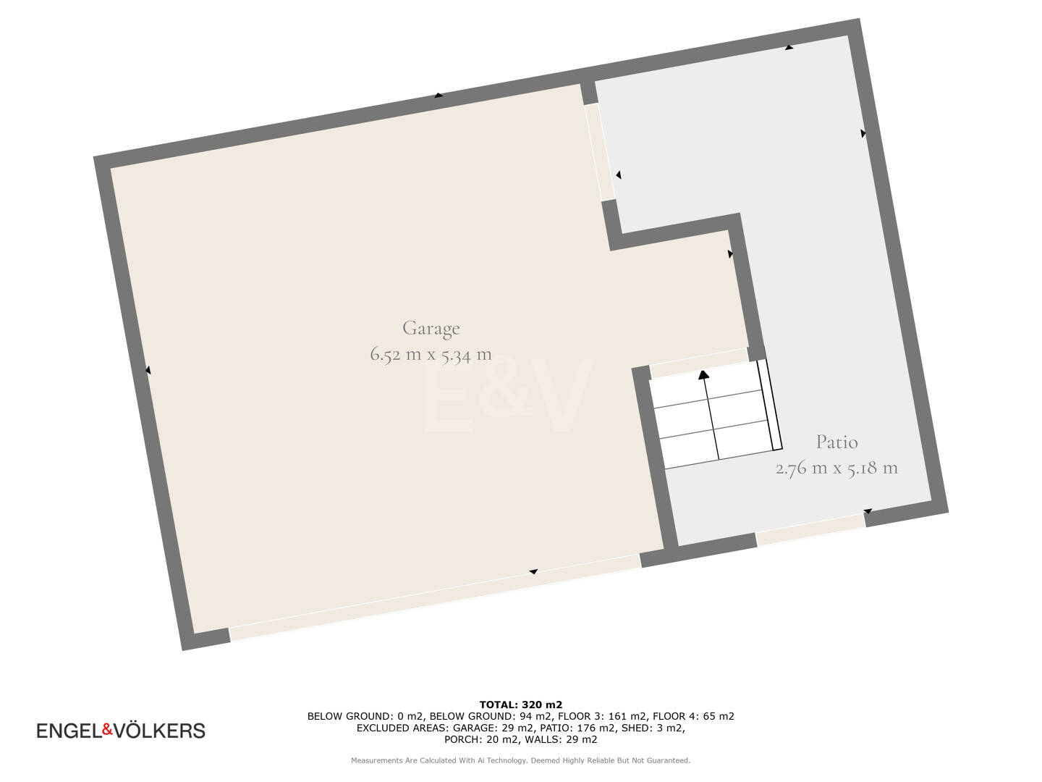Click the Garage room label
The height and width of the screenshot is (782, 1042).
431,329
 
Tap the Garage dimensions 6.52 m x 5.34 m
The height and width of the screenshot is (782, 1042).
431,355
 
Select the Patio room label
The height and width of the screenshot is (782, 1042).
836,442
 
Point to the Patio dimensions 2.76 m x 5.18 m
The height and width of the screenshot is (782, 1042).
836,468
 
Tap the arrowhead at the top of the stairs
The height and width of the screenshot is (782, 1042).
703,375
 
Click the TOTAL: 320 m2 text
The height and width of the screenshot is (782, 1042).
521,705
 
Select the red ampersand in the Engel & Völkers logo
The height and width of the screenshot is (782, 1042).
107,729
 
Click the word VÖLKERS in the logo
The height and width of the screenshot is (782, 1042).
159,731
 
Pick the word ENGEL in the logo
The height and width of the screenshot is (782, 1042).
69,731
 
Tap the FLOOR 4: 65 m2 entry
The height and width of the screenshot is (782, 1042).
693,717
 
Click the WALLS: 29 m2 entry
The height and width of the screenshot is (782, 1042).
561,739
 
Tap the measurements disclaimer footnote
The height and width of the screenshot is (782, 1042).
521,760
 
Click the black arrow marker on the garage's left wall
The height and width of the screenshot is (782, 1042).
148,370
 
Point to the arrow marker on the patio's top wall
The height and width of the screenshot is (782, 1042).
789,47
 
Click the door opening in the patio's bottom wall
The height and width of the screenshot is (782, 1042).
810,529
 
